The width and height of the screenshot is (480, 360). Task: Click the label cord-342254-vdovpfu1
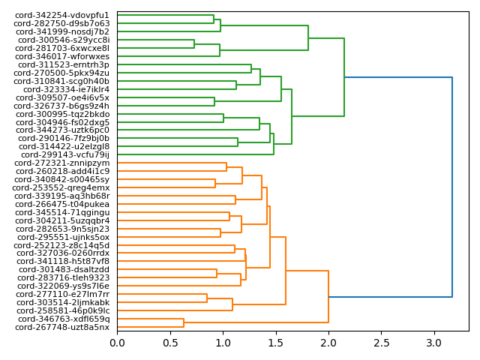[61, 15]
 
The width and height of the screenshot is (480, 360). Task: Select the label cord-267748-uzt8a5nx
[61, 327]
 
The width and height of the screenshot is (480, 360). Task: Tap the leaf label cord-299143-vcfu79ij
[64, 154]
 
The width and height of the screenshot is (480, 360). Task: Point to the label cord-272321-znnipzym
[61, 163]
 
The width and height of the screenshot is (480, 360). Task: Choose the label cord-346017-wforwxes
[62, 56]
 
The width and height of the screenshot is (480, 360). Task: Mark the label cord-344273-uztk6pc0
[63, 130]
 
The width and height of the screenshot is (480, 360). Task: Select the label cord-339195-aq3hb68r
[62, 196]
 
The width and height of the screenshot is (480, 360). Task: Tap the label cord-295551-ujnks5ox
[63, 237]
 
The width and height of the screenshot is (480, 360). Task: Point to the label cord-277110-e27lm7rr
[62, 294]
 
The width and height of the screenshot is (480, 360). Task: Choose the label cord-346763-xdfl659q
[62, 319]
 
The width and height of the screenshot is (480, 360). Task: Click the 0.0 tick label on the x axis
[117, 343]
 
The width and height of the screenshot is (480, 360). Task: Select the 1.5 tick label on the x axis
[276, 343]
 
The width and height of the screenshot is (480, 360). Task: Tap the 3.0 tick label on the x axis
[434, 343]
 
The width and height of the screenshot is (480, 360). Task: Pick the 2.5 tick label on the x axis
[382, 343]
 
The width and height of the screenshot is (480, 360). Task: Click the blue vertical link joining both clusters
[452, 187]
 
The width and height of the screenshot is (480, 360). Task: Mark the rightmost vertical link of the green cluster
[344, 77]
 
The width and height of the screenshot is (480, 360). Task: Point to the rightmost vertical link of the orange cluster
[328, 297]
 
